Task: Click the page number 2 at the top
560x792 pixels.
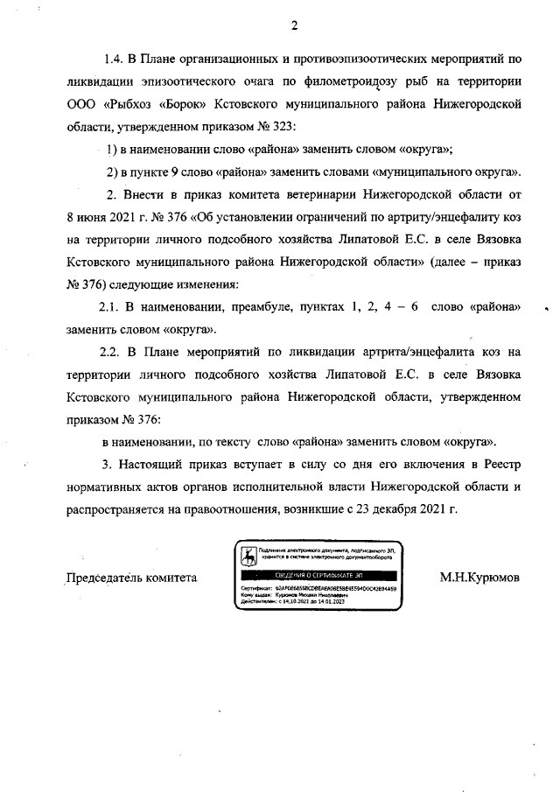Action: (x=295, y=25)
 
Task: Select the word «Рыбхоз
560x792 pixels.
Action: (x=129, y=104)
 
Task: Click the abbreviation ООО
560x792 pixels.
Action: (x=82, y=104)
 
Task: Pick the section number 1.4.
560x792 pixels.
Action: (x=115, y=60)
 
